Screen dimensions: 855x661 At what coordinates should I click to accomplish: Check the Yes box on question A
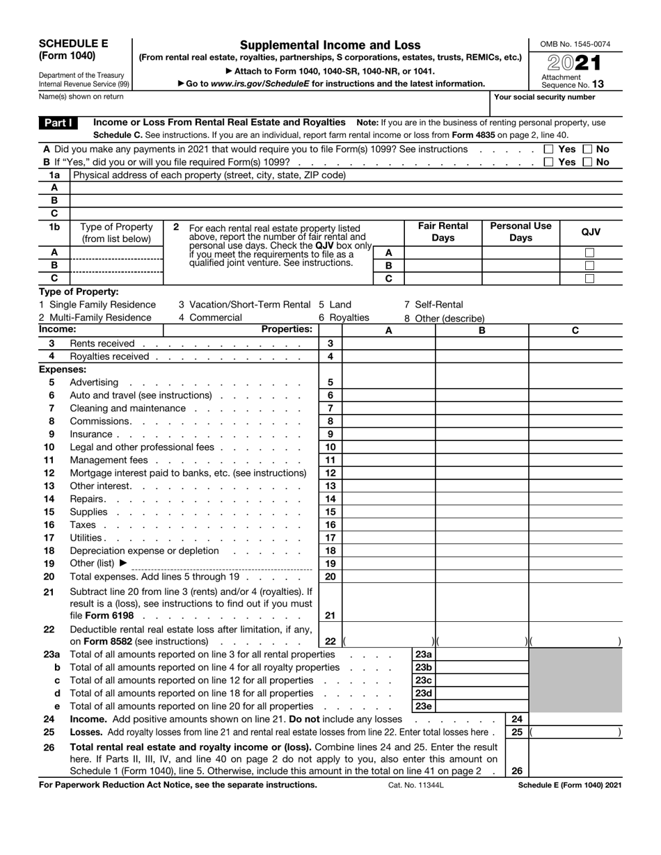pyautogui.click(x=548, y=149)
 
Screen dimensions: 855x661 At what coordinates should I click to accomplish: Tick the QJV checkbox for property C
pyautogui.click(x=589, y=278)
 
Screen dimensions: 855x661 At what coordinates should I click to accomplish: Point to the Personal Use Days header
pyautogui.click(x=520, y=232)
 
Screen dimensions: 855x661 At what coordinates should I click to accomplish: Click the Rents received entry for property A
pyautogui.click(x=389, y=344)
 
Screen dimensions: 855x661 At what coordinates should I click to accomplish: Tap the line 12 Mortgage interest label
pyautogui.click(x=188, y=473)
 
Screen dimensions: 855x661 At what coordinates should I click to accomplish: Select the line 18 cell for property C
pyautogui.click(x=575, y=551)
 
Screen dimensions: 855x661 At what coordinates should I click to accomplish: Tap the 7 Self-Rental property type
pyautogui.click(x=433, y=305)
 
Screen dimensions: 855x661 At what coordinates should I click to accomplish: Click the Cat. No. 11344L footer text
pyautogui.click(x=415, y=785)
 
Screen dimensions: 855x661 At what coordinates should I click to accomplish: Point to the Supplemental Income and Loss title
pyautogui.click(x=330, y=45)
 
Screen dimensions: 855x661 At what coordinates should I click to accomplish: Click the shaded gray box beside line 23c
pyautogui.click(x=575, y=680)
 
